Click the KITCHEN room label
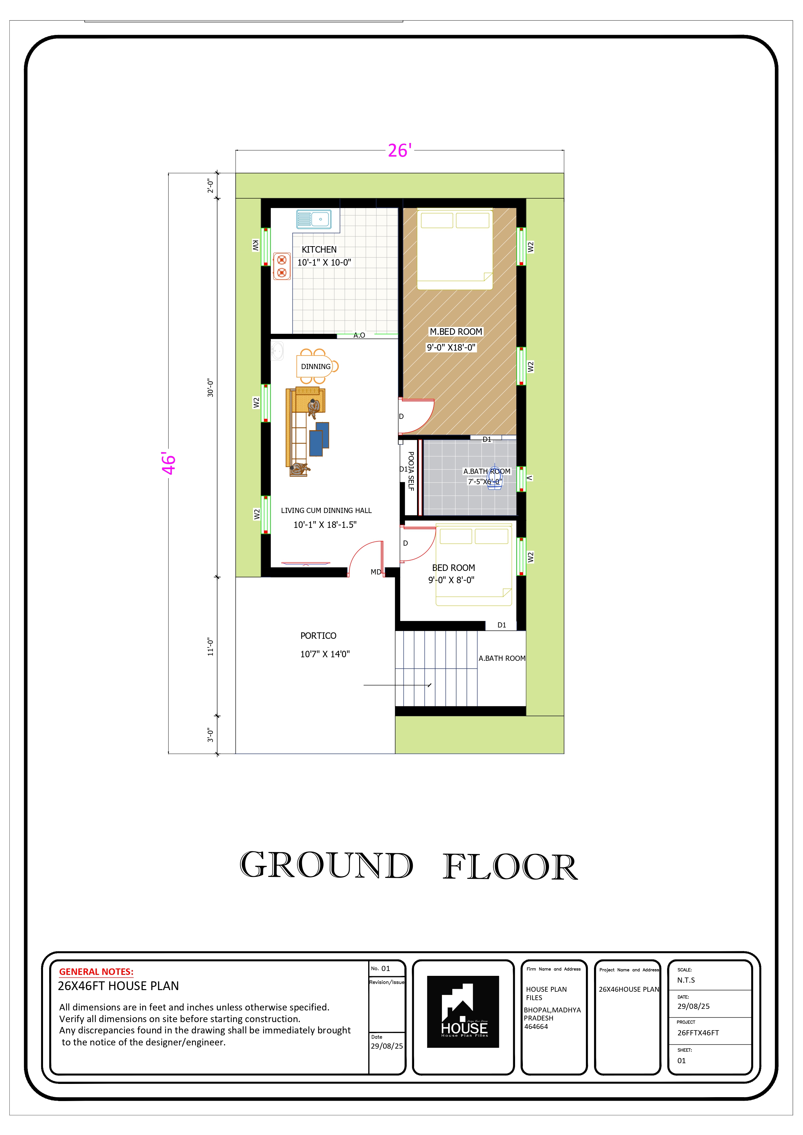319,250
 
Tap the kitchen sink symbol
313,219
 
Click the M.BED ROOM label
456,332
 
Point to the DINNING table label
315,367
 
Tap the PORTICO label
318,636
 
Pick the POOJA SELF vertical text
411,471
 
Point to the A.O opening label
359,335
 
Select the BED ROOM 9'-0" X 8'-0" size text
451,580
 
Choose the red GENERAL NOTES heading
96,972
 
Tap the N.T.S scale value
686,980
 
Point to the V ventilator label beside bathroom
530,478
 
